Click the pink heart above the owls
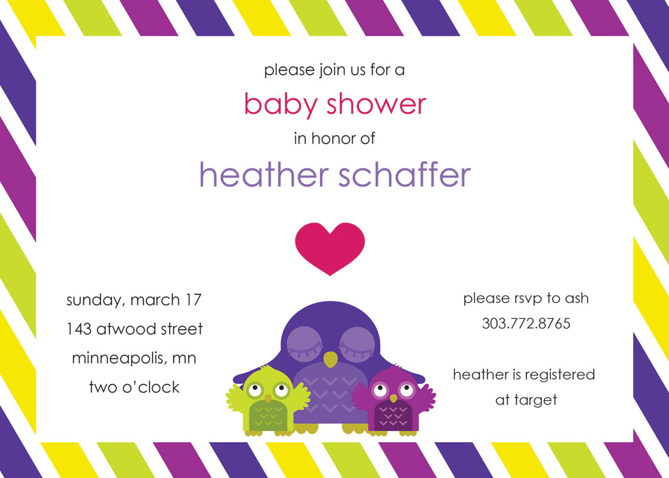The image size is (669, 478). [x=330, y=248]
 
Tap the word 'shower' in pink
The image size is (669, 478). [x=376, y=104]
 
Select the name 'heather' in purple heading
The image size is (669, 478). [x=264, y=175]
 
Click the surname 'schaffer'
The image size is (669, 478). [x=405, y=175]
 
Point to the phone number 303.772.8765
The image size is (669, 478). [x=526, y=324]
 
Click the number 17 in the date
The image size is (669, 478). [x=193, y=300]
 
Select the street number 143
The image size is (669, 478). [x=79, y=328]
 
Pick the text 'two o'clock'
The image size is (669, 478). [x=134, y=387]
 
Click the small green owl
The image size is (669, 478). [x=268, y=400]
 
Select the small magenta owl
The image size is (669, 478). [x=393, y=400]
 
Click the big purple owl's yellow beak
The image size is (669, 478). [x=330, y=359]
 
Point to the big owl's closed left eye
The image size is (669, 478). [x=305, y=343]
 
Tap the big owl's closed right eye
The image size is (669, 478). [x=357, y=343]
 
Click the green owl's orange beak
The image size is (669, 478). [x=268, y=398]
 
